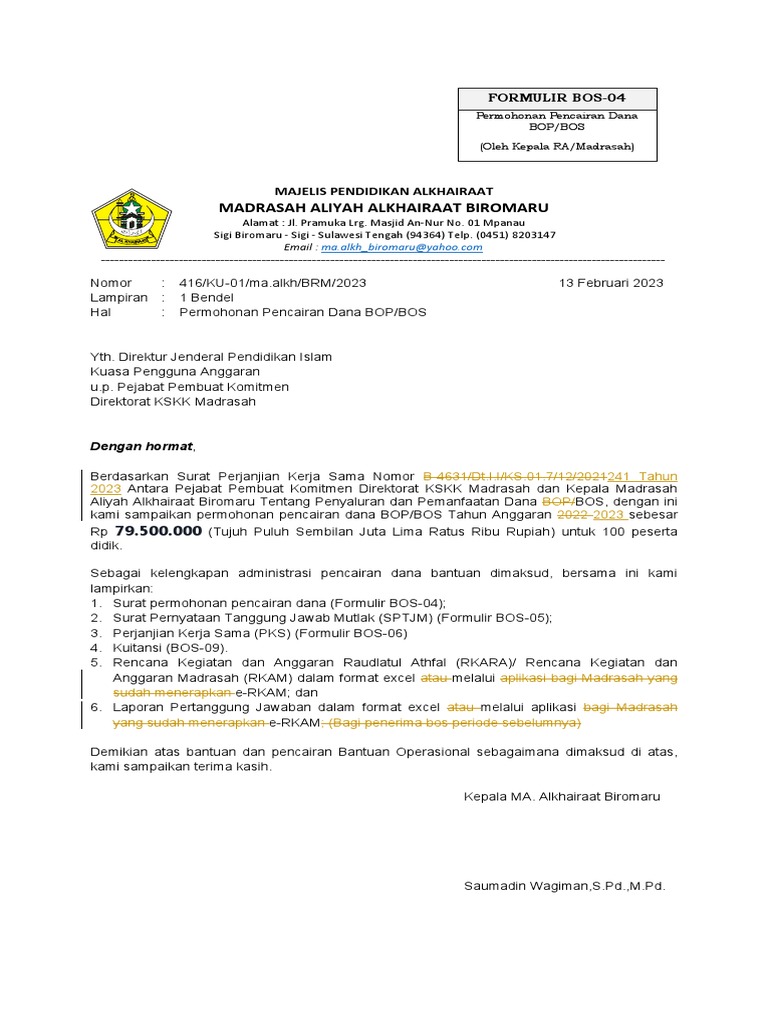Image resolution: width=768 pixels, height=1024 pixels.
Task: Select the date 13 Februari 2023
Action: pos(611,283)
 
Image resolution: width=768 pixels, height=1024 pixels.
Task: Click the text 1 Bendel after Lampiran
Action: pos(206,298)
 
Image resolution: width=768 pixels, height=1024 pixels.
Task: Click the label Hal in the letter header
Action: pos(100,312)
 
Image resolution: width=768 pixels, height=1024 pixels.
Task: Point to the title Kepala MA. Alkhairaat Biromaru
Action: pos(562,797)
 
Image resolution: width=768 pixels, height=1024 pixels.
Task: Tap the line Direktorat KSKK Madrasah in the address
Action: pos(173,401)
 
